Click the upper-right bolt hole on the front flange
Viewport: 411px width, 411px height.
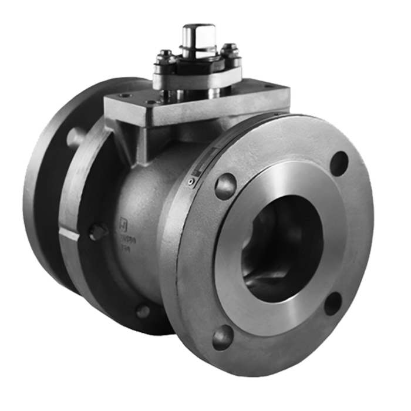pyautogui.click(x=339, y=163)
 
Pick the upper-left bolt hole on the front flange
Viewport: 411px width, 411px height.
pyautogui.click(x=225, y=186)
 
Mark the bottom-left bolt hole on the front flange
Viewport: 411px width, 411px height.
pyautogui.click(x=223, y=338)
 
